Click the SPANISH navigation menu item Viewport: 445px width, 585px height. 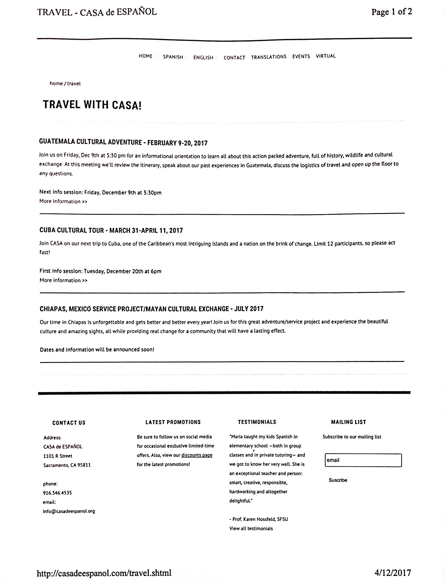tap(173, 57)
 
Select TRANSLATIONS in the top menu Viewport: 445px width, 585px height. tap(269, 57)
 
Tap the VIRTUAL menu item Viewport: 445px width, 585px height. tap(326, 56)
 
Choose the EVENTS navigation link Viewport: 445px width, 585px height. tap(301, 56)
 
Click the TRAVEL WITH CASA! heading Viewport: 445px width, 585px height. tap(92, 105)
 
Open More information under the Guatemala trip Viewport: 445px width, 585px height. tap(63, 202)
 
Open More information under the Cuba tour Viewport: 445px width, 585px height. tap(63, 280)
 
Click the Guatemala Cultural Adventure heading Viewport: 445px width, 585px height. tap(123, 142)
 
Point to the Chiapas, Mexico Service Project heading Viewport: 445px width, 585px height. tap(151, 309)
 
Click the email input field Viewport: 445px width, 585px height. tap(363, 460)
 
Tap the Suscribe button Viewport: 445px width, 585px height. tap(338, 480)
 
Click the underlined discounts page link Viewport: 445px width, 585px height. tap(197, 455)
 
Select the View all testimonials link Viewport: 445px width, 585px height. tap(251, 529)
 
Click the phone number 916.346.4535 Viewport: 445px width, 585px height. tap(57, 493)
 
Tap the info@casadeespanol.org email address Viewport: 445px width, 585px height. tap(69, 511)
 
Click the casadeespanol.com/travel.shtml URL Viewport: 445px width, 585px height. tap(104, 573)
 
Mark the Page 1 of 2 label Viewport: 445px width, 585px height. tap(392, 12)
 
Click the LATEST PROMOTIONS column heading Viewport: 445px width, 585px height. tap(173, 422)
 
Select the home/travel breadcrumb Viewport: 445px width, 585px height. tap(65, 84)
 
